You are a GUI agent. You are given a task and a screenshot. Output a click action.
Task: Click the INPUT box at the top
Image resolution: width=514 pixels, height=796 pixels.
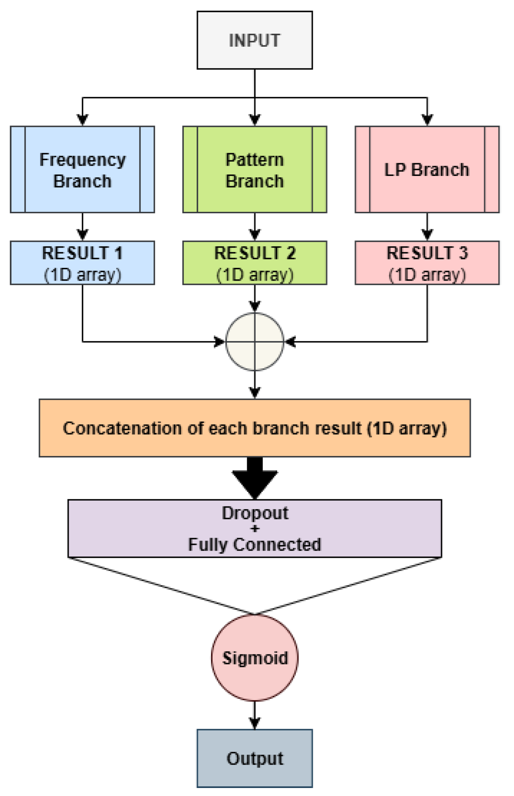tap(254, 40)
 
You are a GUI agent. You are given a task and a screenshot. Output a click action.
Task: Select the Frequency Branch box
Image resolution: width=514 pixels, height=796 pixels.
tap(82, 170)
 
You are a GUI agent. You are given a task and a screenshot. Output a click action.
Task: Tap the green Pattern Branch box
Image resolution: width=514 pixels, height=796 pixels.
tap(254, 170)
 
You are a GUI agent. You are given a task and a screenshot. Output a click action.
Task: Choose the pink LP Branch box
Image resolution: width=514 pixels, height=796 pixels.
tap(427, 170)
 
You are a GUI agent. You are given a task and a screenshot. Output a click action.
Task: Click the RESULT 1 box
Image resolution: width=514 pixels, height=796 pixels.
tap(82, 263)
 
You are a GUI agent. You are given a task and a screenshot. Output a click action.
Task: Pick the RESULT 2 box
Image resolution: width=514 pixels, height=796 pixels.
tap(254, 263)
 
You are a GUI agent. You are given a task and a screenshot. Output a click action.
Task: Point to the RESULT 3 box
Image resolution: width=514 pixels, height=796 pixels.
tap(427, 263)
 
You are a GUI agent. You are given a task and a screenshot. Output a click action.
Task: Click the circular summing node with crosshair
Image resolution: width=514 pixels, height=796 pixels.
tap(255, 342)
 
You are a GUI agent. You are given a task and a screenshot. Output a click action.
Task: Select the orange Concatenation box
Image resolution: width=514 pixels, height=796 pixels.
tap(254, 427)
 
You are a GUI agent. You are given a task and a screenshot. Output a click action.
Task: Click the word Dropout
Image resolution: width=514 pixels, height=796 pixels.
tap(255, 513)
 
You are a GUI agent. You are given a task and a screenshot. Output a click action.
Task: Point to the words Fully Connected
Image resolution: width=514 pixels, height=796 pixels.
tap(254, 544)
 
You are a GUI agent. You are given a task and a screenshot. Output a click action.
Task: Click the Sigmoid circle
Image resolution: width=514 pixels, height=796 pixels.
tap(255, 657)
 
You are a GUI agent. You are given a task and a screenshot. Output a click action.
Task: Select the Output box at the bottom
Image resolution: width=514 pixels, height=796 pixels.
tap(254, 758)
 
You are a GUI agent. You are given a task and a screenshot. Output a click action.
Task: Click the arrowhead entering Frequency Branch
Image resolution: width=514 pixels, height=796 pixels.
tap(82, 120)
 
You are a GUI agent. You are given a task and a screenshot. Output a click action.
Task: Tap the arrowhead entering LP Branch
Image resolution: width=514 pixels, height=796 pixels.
tap(427, 120)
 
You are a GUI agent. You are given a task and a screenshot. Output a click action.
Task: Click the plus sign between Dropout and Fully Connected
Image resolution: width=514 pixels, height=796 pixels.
tap(255, 529)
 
